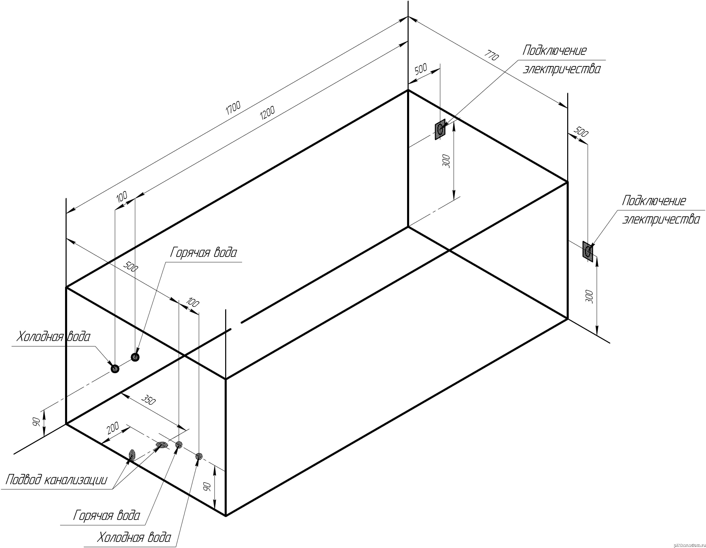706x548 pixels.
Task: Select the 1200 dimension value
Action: tap(267, 113)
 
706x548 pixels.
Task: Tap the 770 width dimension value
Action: tap(492, 55)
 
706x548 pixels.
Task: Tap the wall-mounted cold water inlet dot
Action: tap(115, 369)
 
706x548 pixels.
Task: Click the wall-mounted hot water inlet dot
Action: tap(135, 357)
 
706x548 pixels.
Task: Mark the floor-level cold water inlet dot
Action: tap(199, 456)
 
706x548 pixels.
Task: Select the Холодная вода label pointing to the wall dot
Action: tap(53, 337)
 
